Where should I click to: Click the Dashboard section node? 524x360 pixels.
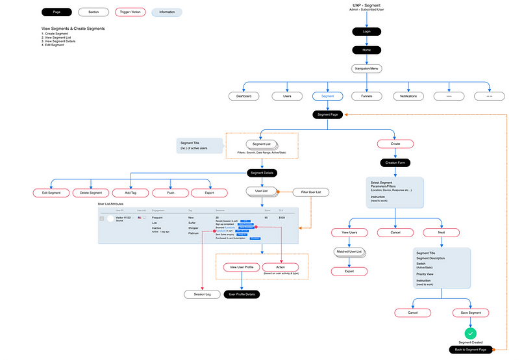pos(243,96)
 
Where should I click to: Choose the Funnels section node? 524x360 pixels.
pos(366,96)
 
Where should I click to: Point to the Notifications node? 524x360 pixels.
pos(409,96)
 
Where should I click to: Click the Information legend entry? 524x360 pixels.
pos(167,12)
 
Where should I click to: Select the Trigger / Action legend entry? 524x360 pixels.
pos(130,12)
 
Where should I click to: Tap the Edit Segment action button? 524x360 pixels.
pos(51,193)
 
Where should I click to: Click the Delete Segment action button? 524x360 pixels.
pos(91,193)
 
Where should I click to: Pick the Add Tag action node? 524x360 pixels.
pos(131,193)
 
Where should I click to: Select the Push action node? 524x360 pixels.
pos(170,193)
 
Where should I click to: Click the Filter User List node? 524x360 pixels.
pos(311,192)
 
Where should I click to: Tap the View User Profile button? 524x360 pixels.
pos(241,267)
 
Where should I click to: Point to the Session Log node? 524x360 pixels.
pos(203,294)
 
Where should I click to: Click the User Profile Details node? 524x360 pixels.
pos(242,294)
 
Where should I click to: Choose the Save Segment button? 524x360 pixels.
pos(470,313)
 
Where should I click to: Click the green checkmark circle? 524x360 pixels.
pos(470,333)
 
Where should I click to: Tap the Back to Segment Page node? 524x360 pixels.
pos(470,350)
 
